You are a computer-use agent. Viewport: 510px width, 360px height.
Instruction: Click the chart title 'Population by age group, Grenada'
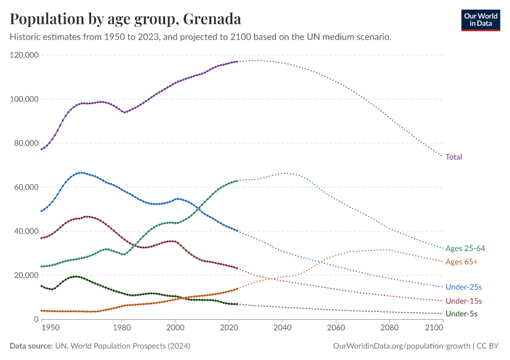point(126,19)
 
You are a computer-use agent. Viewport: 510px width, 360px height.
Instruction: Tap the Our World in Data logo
point(480,20)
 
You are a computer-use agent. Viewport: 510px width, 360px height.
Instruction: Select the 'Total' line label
point(454,157)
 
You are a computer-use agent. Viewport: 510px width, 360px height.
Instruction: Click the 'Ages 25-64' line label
point(465,248)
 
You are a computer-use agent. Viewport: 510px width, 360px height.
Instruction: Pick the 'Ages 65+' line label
point(461,262)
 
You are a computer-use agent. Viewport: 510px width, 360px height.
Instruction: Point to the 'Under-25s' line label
point(463,287)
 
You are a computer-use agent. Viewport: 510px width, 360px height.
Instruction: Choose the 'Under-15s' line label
point(463,301)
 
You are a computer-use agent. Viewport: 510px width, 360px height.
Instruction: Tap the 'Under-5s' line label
point(461,314)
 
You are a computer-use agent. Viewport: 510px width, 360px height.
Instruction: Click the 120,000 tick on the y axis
point(25,55)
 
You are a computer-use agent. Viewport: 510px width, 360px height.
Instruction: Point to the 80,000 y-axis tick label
point(26,143)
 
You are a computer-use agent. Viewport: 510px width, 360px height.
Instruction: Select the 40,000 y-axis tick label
point(26,232)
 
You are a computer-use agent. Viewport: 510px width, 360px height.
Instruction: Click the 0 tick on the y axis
point(35,319)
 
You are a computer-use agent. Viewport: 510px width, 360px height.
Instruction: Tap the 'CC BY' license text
point(489,346)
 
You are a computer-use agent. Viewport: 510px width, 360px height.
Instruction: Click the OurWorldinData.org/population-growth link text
point(401,346)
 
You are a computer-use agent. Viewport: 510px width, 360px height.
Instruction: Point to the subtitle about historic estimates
point(201,37)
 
